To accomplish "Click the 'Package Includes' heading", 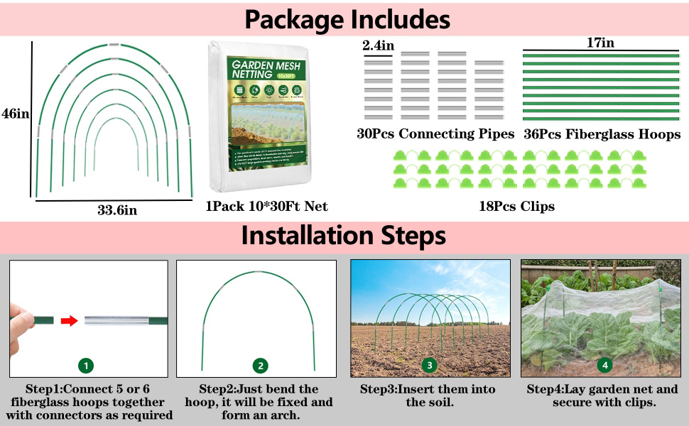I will pos(347,18).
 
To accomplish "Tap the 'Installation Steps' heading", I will pos(344,236).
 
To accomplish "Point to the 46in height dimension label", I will pos(15,114).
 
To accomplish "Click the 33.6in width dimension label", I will pos(117,210).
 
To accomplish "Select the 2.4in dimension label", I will pos(378,45).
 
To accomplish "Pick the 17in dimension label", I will pos(600,43).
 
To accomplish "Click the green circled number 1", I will pos(85,366).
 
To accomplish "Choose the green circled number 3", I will pos(429,366).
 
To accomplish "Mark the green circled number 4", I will pos(604,366).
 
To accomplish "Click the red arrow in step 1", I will pos(68,321).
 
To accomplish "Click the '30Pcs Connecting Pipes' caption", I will pos(435,134).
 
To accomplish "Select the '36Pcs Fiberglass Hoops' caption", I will pos(602,134).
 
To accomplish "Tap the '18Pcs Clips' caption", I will pos(517,207).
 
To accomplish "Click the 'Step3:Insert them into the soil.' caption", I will pos(428,395).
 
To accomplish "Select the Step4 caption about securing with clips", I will pos(604,395).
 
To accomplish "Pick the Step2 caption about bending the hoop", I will pos(260,402).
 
